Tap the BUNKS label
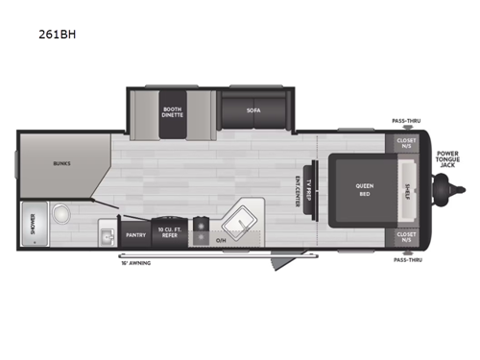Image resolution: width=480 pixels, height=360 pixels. (x=61, y=164)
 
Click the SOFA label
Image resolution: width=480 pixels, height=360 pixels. (x=252, y=111)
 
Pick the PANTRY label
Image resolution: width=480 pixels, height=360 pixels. (x=134, y=233)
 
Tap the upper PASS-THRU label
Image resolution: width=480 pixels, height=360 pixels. (x=404, y=121)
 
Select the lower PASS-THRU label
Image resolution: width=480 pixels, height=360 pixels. (x=404, y=259)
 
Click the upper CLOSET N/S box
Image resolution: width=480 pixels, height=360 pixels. (x=405, y=144)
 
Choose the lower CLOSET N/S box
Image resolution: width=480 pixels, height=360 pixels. (x=405, y=236)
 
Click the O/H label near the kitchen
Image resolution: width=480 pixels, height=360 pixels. (x=221, y=240)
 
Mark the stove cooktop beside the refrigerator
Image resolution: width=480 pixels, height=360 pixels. (x=201, y=228)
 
